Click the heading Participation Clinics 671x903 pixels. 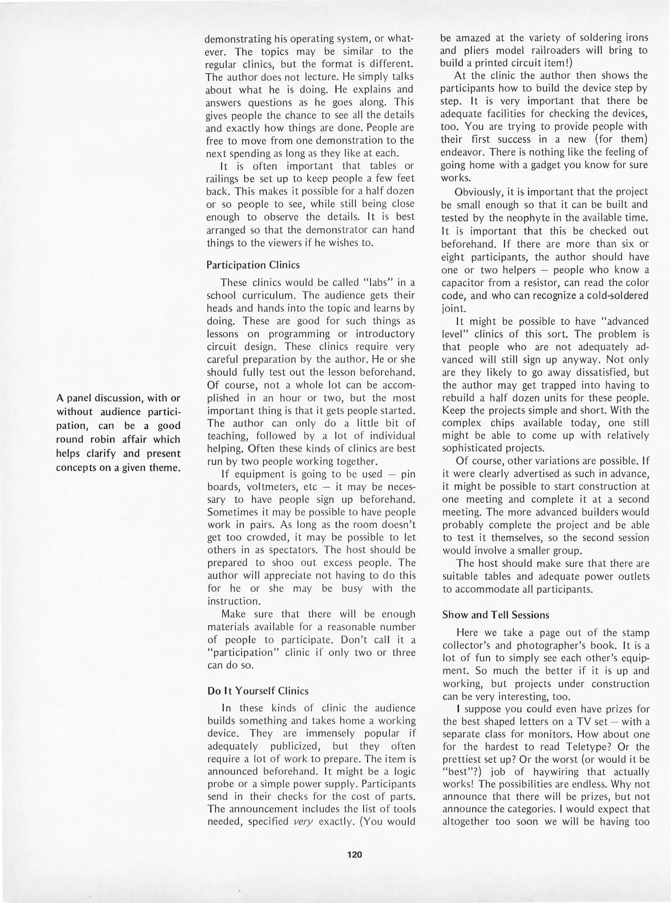pos(253,265)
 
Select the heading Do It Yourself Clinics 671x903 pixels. pos(258,691)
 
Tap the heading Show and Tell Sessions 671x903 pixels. pos(495,615)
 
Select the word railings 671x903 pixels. pos(223,179)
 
